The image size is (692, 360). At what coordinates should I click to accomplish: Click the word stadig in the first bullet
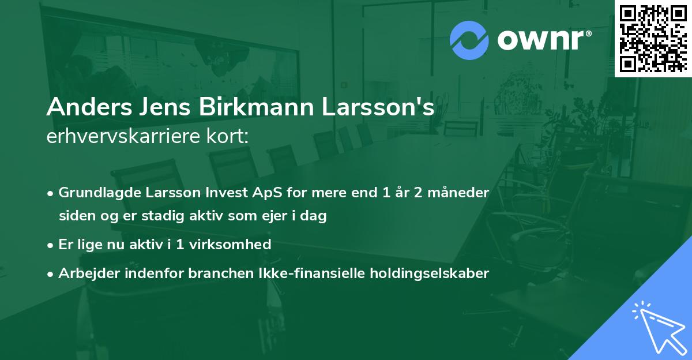click(153, 216)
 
